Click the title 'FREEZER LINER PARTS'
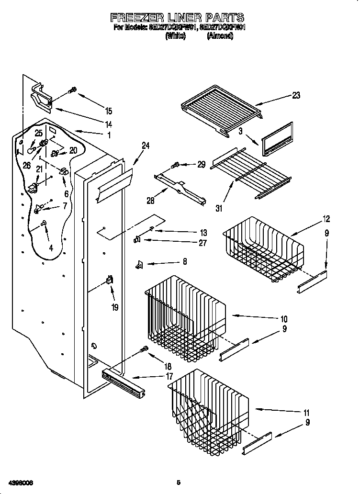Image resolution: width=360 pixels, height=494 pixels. click(178, 18)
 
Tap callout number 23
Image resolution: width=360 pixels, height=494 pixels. click(296, 95)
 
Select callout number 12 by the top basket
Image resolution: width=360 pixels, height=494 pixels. click(326, 219)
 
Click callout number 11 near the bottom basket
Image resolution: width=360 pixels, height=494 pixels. click(306, 413)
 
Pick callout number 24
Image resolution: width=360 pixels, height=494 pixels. click(146, 146)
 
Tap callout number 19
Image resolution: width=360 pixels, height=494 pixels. click(114, 307)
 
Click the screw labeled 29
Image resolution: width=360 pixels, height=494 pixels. click(176, 165)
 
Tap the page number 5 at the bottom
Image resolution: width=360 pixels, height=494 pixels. click(178, 483)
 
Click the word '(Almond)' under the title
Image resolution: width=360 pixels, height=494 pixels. click(220, 36)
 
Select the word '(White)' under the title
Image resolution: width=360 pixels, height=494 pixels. click(175, 36)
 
